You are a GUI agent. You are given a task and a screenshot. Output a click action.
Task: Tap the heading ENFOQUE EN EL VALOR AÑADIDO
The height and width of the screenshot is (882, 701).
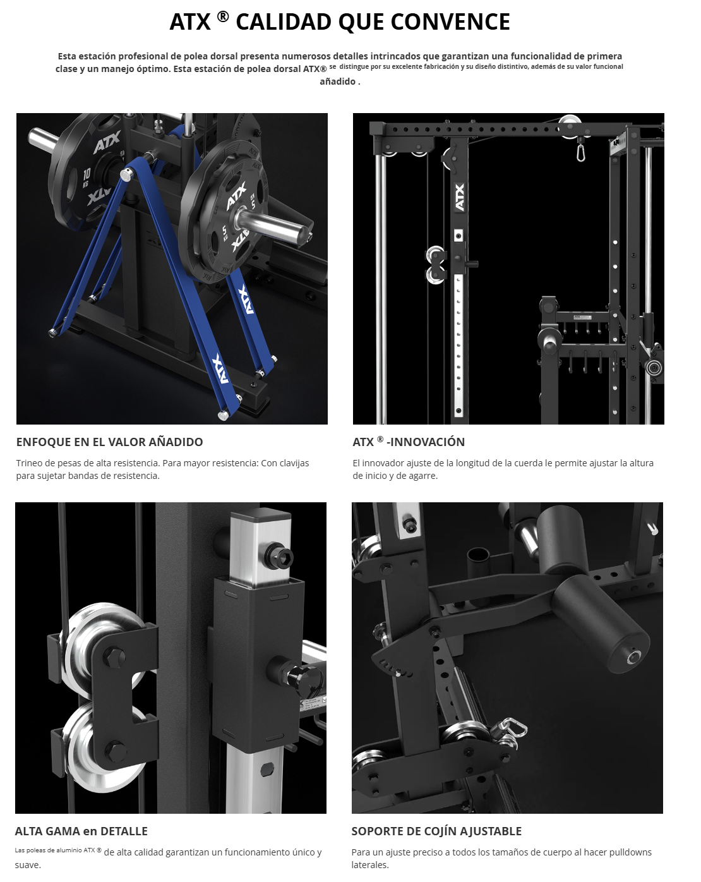(109, 442)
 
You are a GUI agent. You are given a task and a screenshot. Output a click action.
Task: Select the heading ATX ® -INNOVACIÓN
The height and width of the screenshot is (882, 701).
(409, 442)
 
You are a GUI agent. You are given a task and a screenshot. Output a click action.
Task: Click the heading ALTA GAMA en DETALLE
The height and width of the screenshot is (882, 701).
(81, 831)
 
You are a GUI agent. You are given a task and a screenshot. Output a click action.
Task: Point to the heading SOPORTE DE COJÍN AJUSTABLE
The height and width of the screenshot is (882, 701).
(436, 831)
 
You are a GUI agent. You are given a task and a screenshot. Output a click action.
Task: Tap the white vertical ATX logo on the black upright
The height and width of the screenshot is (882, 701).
(460, 197)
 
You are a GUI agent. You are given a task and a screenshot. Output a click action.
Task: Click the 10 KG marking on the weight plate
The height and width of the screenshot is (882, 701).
(87, 178)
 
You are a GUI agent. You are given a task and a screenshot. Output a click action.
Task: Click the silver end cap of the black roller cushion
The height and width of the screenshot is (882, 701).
(633, 657)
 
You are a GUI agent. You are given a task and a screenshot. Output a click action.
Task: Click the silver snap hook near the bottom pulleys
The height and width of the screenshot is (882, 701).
(508, 730)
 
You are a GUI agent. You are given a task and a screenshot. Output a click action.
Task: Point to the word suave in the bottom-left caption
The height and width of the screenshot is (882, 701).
(27, 865)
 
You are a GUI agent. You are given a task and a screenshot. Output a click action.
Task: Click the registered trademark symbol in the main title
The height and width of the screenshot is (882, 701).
(222, 16)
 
